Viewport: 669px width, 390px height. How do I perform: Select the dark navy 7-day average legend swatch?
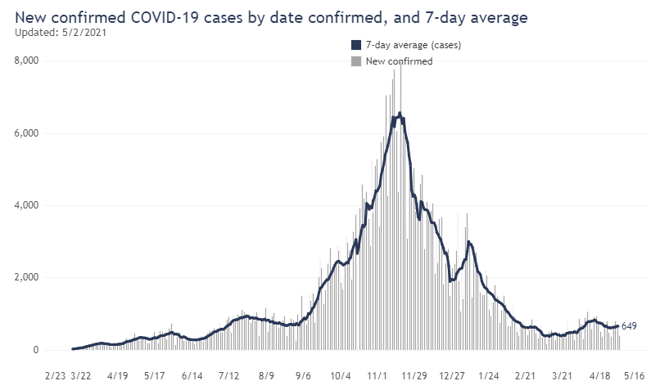[355, 46]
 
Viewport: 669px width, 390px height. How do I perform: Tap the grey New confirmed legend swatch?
[355, 61]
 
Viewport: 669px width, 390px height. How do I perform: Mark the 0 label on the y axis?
[36, 350]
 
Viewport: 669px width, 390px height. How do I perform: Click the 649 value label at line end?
[629, 327]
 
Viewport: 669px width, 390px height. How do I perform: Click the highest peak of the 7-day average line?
[399, 114]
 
